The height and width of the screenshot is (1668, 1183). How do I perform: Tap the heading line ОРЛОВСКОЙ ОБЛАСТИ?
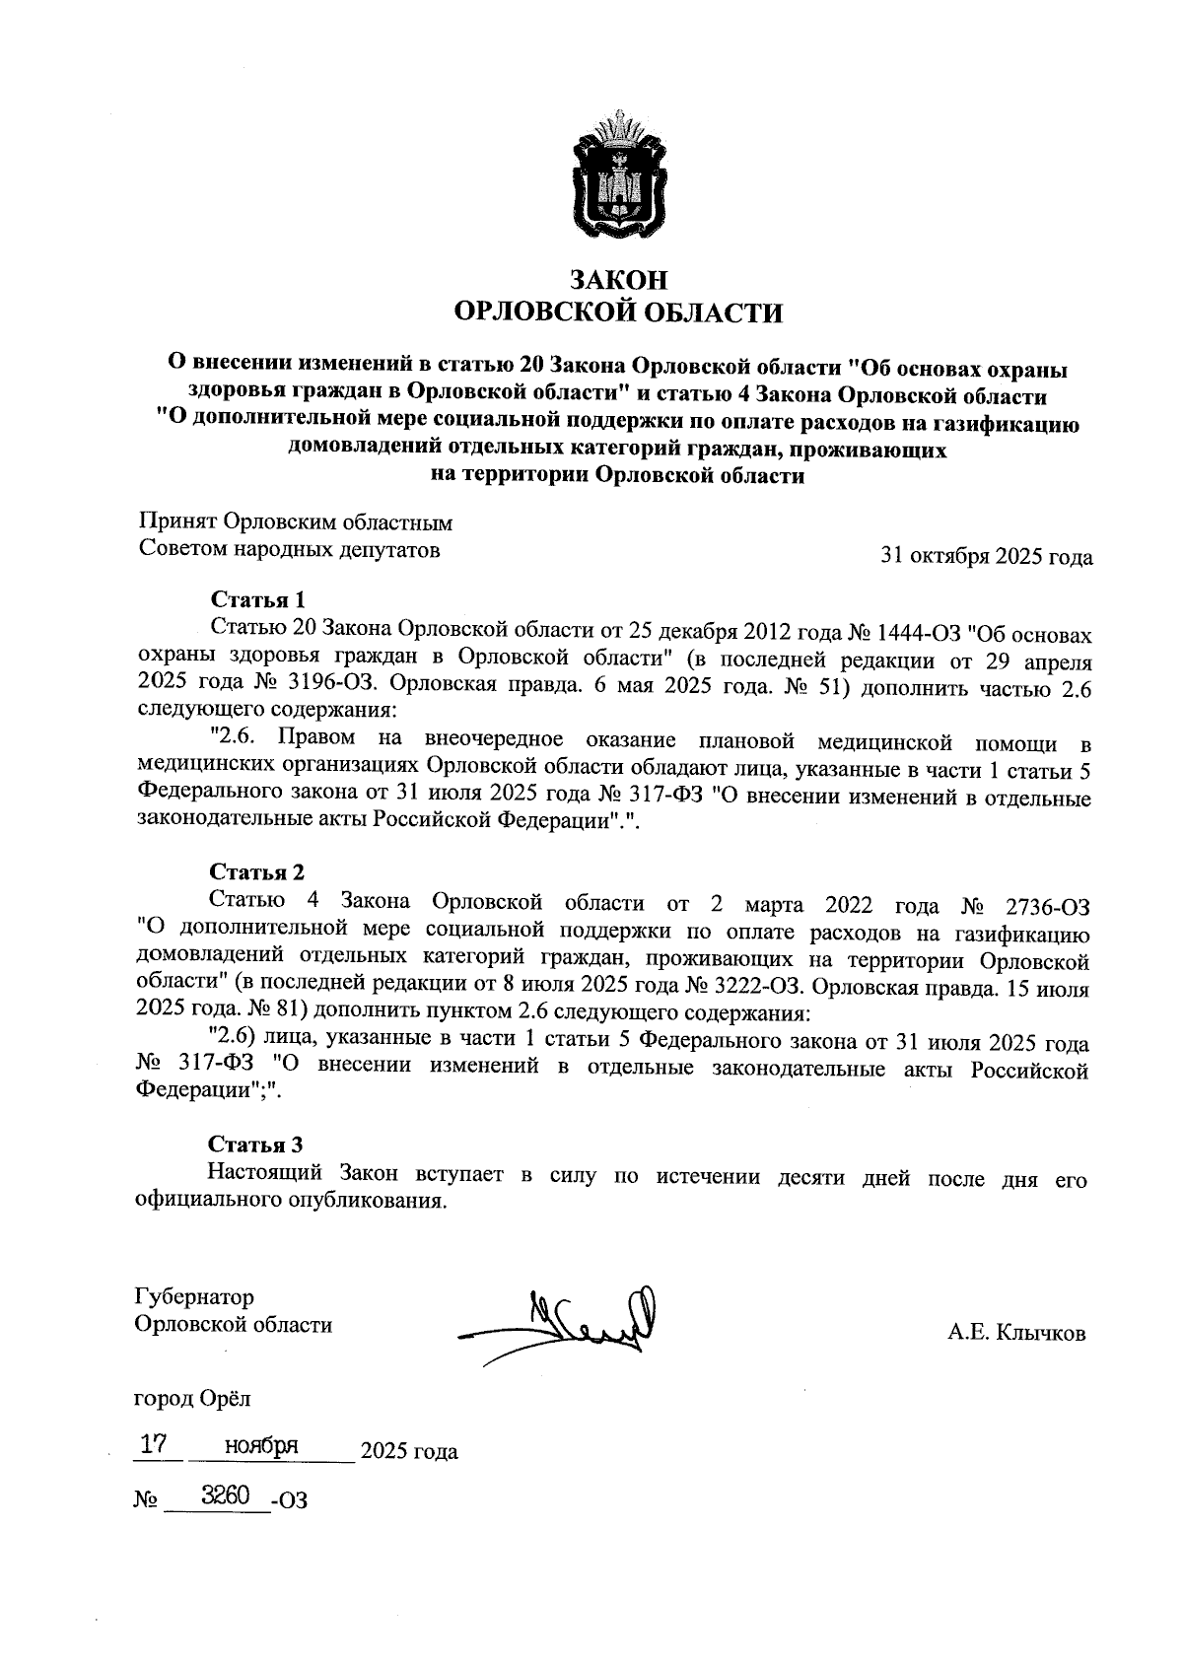tap(616, 313)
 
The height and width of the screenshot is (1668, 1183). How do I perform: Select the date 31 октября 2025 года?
tap(986, 557)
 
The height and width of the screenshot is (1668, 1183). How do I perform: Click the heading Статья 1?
tap(258, 599)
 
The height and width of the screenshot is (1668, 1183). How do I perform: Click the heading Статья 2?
tap(256, 871)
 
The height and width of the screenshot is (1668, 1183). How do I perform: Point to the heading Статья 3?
tap(255, 1144)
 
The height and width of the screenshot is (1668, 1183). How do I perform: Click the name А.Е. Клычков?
tap(1016, 1334)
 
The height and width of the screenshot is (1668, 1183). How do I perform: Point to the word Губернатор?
tap(194, 1296)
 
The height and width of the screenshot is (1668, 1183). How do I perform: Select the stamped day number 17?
tap(152, 1445)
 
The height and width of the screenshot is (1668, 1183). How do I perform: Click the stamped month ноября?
tap(260, 1446)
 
